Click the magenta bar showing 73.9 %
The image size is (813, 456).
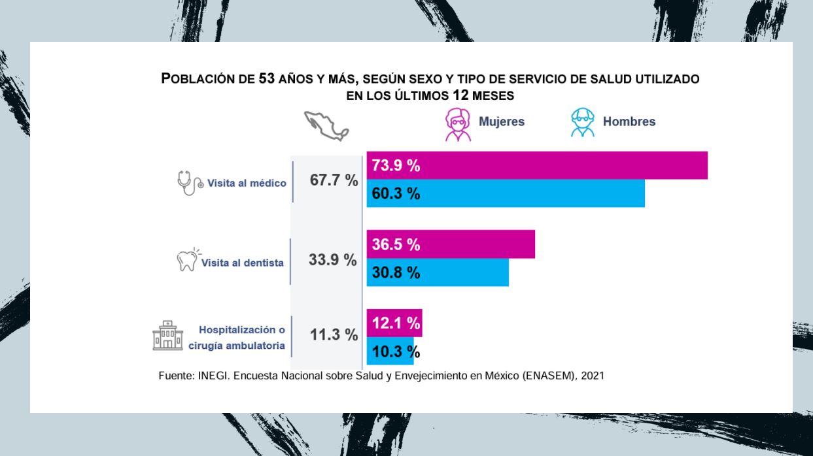pyautogui.click(x=536, y=165)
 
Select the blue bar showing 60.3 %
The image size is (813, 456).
pyautogui.click(x=505, y=193)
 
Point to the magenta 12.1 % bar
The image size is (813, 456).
pyautogui.click(x=394, y=323)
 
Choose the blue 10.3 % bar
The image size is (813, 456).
pyautogui.click(x=390, y=351)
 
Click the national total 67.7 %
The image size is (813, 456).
pyautogui.click(x=334, y=181)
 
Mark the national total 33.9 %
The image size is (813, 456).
pyautogui.click(x=332, y=259)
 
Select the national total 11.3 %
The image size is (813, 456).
pyautogui.click(x=334, y=335)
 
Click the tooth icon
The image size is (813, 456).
pyautogui.click(x=188, y=260)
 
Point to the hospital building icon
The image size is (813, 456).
pyautogui.click(x=167, y=335)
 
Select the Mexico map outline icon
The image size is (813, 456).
pyautogui.click(x=326, y=125)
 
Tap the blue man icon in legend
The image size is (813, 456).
pyautogui.click(x=582, y=123)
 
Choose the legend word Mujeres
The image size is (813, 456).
pyautogui.click(x=502, y=122)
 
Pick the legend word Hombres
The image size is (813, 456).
pyautogui.click(x=629, y=122)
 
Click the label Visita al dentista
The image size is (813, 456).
pyautogui.click(x=242, y=263)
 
